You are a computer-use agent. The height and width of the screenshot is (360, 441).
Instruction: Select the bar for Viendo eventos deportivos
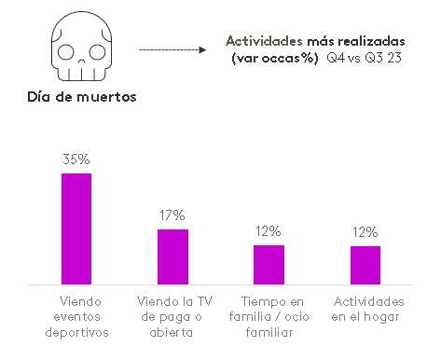click(x=76, y=228)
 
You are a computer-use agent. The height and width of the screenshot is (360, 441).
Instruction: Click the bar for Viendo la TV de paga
click(x=172, y=256)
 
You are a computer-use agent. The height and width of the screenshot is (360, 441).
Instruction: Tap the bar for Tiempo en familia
click(x=269, y=264)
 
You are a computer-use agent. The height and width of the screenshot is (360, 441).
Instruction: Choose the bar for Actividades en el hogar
click(x=365, y=264)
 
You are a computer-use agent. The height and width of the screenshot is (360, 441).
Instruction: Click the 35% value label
click(x=76, y=160)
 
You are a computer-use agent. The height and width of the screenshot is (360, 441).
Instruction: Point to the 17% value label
click(x=172, y=215)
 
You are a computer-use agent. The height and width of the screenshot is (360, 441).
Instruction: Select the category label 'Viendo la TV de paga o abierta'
click(x=172, y=317)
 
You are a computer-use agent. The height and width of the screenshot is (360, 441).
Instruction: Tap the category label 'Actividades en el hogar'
click(x=368, y=310)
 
